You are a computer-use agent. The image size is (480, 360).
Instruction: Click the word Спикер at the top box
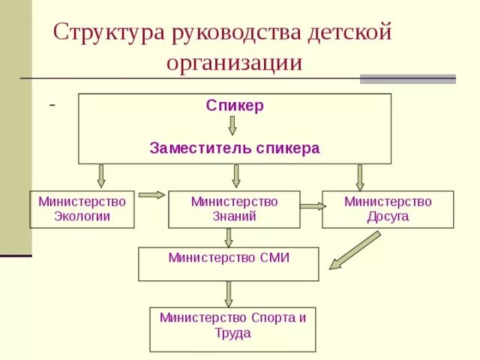235,106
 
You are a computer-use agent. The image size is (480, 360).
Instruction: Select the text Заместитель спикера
235,148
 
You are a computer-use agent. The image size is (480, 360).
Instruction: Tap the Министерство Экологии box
82,209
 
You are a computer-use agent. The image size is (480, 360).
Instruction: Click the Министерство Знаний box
234,209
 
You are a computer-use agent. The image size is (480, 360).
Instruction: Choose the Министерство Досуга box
388,209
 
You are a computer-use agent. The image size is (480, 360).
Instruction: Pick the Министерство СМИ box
229,263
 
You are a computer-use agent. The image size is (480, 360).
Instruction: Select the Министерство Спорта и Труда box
232,328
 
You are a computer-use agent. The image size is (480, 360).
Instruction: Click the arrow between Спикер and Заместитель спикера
232,125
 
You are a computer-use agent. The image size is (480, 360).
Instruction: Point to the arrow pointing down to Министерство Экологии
101,176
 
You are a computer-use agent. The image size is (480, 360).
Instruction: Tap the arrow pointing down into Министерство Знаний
236,176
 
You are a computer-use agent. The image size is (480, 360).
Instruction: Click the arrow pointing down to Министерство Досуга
360,177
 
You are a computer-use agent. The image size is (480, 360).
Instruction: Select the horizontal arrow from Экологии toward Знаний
151,195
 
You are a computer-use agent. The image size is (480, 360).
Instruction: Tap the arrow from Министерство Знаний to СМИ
229,238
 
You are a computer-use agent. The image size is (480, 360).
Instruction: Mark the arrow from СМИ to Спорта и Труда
229,293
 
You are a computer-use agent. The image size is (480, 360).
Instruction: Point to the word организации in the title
234,62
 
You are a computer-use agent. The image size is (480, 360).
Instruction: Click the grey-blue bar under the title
407,79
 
